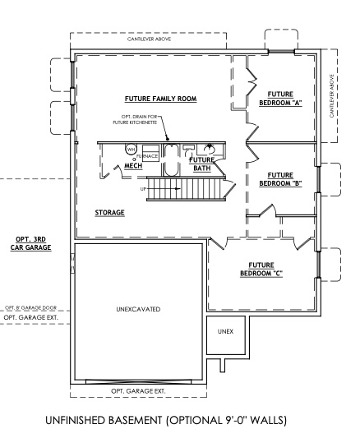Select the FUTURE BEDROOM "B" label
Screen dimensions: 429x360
(280, 178)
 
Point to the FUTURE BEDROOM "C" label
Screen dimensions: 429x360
(261, 270)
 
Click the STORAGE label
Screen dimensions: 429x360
(109, 212)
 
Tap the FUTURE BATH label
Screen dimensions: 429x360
(202, 164)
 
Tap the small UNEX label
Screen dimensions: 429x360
(224, 330)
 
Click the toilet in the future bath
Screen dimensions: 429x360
(209, 149)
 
